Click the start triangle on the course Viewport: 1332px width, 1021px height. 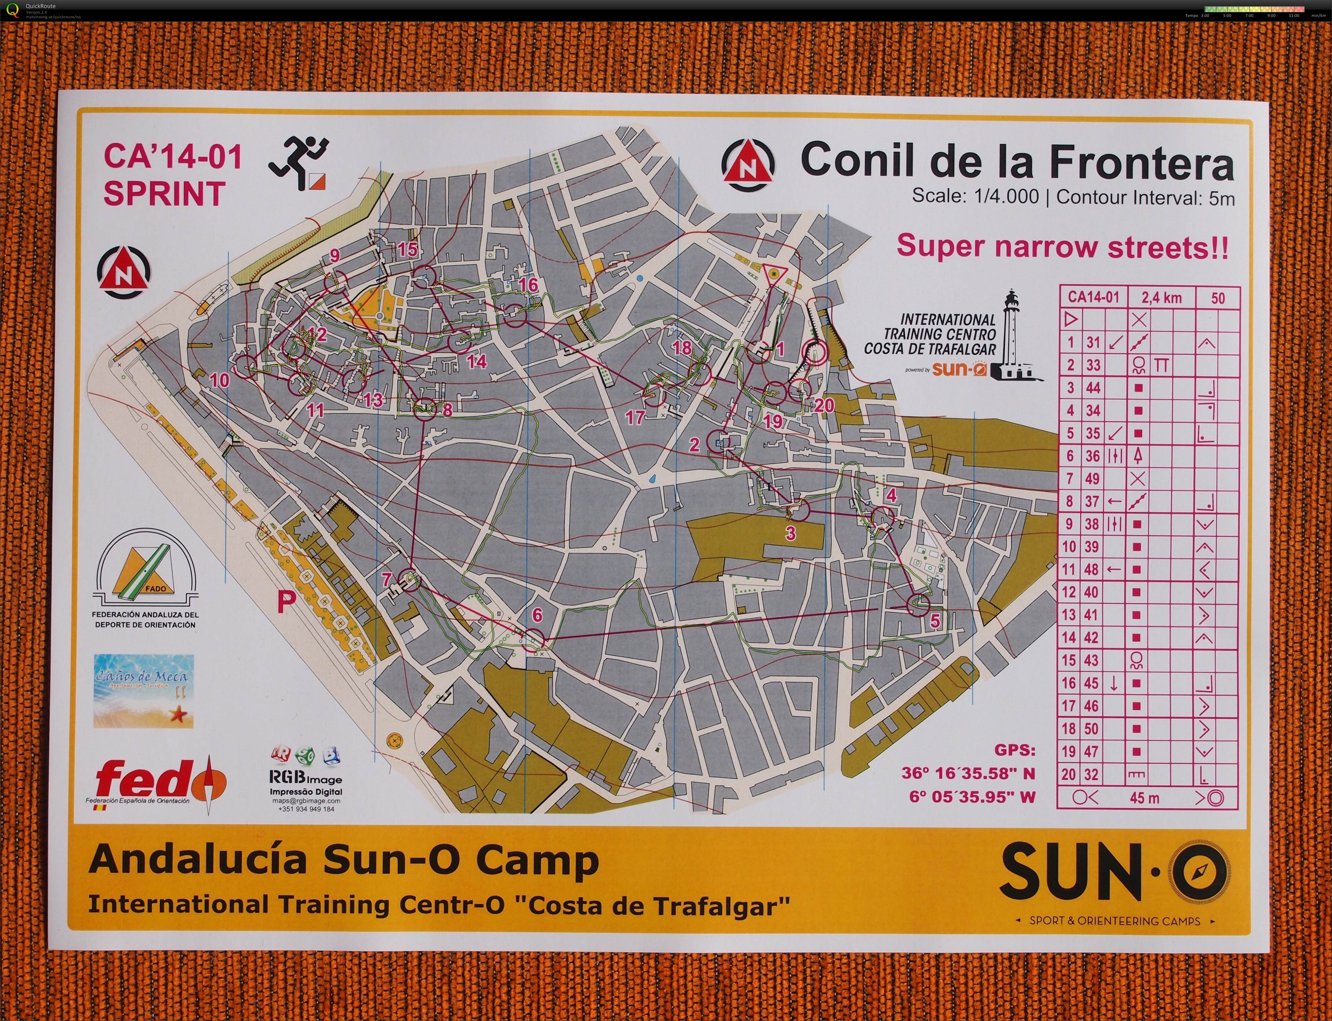click(x=774, y=275)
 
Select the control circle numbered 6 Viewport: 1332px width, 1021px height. click(x=534, y=640)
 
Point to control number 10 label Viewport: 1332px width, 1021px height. click(x=219, y=381)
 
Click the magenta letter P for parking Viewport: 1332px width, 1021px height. click(x=287, y=602)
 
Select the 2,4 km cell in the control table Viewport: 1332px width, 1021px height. click(x=1161, y=297)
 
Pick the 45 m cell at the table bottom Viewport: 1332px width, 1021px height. click(x=1144, y=797)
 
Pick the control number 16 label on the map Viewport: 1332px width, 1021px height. click(x=528, y=284)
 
